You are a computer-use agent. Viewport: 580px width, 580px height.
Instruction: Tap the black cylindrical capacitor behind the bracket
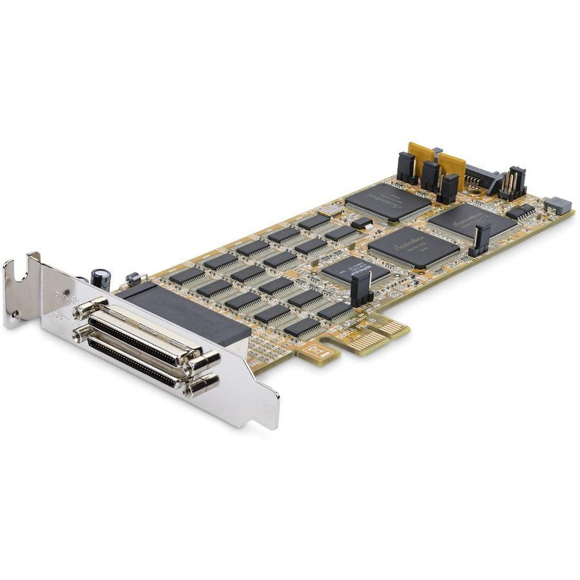point(101,278)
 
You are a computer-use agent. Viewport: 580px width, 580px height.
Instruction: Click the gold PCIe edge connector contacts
point(380,334)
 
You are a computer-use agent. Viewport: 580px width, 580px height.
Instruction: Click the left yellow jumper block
point(419,157)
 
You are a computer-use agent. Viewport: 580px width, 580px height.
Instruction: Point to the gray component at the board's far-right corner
point(557,206)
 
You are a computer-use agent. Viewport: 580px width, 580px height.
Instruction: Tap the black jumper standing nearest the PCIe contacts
point(362,287)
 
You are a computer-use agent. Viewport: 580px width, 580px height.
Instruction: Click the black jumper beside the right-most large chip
point(480,238)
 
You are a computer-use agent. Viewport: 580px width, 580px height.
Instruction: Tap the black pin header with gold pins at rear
point(513,183)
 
